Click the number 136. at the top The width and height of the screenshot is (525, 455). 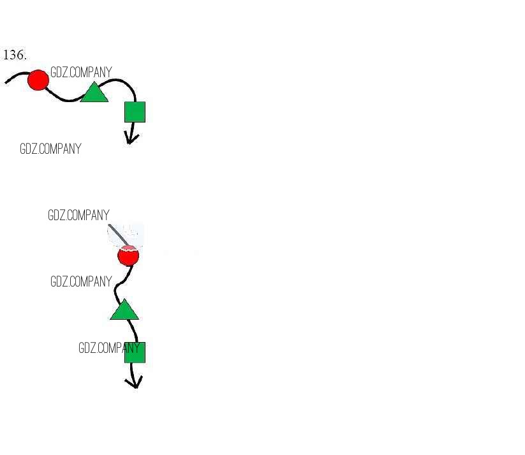(15, 56)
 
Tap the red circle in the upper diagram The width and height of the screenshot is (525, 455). (38, 80)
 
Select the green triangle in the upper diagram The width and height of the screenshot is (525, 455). (94, 93)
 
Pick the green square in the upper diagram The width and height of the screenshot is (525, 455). (135, 112)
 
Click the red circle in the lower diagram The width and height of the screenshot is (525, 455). (128, 257)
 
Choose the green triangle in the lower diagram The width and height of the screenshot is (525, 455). (124, 310)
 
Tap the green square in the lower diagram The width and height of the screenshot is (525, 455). (135, 352)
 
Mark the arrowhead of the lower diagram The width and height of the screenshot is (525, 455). (135, 382)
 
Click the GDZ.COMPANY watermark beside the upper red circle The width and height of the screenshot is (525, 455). (81, 73)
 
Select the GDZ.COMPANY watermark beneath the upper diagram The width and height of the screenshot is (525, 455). (50, 149)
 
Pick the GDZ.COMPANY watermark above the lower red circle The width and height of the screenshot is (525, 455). (78, 216)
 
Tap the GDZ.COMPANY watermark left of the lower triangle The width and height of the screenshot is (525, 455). (81, 281)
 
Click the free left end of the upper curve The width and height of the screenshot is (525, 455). (7, 82)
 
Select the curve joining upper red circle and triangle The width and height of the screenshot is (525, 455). (64, 98)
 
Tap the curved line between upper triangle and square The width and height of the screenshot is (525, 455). (121, 81)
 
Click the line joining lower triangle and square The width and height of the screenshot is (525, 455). (133, 331)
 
